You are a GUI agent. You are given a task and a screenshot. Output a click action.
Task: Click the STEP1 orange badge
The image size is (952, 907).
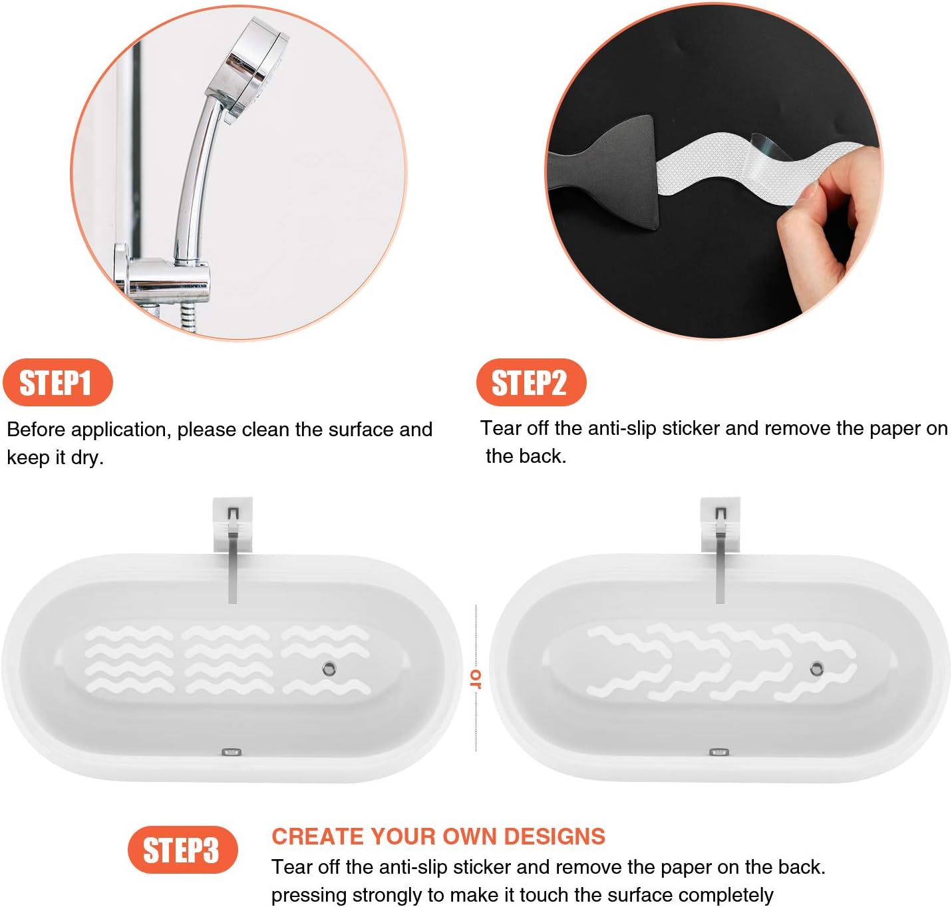tap(57, 382)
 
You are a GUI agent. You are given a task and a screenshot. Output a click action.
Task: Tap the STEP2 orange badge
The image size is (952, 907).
tap(530, 382)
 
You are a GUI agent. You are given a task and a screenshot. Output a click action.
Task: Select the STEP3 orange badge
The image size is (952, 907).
tap(182, 850)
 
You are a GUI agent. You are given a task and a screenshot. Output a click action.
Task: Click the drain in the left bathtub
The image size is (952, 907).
tap(329, 668)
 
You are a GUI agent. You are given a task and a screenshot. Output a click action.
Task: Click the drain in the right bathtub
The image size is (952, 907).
tap(816, 669)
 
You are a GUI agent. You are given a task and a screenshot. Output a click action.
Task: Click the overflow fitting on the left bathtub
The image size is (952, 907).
tap(231, 752)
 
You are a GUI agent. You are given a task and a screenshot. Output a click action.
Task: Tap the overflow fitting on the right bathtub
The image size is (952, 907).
tap(718, 752)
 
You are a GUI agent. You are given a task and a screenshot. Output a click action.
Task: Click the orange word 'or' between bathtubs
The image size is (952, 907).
tap(476, 678)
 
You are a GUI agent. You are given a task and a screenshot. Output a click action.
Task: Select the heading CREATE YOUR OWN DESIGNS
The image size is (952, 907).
tap(438, 836)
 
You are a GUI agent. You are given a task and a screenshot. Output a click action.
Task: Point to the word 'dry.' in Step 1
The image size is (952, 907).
tap(87, 457)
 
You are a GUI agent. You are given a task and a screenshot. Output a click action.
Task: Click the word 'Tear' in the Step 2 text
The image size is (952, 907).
tap(500, 428)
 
